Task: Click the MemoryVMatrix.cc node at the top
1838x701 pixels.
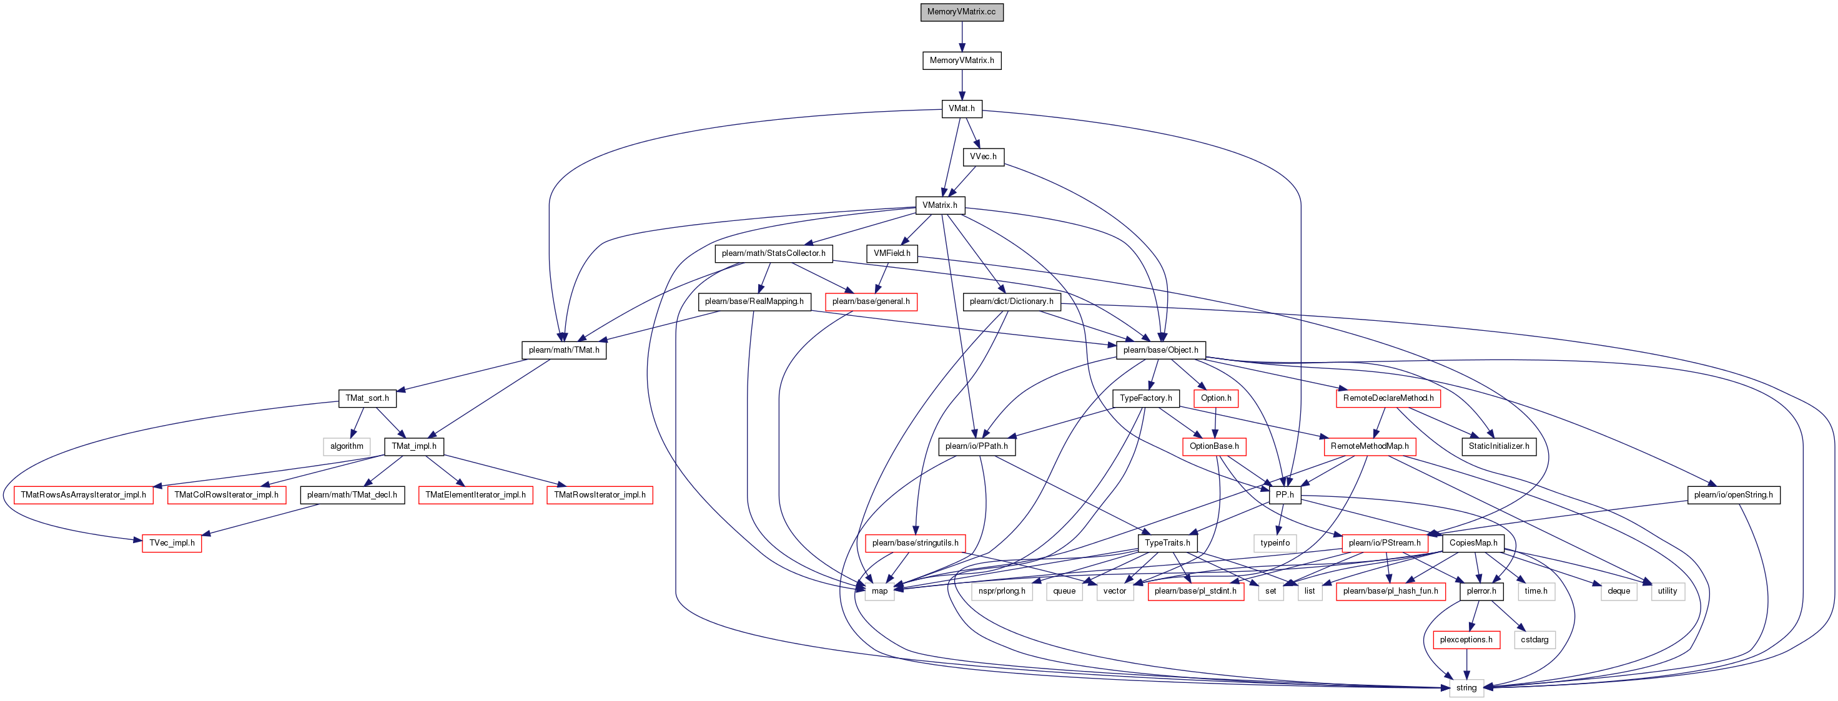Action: [961, 12]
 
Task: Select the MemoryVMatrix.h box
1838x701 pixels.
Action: [961, 61]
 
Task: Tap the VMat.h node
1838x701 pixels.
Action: [961, 109]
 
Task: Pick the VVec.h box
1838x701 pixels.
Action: [983, 157]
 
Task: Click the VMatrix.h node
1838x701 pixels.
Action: [940, 205]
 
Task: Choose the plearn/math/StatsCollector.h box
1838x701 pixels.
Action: [773, 253]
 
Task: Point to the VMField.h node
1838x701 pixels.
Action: [892, 253]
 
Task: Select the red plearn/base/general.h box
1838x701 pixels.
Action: [871, 301]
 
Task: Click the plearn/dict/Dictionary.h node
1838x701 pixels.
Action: [1011, 301]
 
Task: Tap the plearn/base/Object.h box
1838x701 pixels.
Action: [1161, 350]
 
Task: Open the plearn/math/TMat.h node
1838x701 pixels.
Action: [564, 350]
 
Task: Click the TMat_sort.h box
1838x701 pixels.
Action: [367, 398]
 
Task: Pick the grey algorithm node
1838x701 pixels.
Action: [347, 446]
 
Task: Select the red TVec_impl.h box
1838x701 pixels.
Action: [172, 544]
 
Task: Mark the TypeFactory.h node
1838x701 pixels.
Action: [1146, 398]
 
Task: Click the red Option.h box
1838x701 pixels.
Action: [1216, 398]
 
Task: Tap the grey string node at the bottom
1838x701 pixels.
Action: [1466, 688]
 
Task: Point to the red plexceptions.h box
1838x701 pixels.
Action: [1466, 640]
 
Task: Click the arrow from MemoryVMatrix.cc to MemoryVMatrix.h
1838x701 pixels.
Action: [962, 36]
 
